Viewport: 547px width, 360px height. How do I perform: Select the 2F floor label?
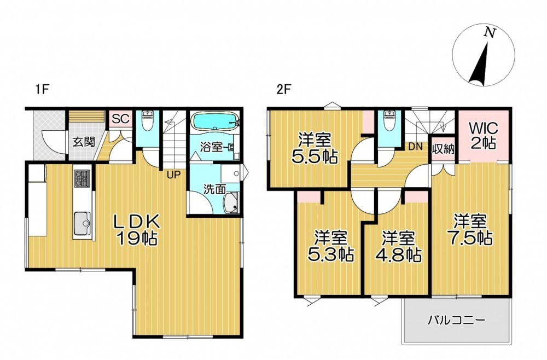pos(283,90)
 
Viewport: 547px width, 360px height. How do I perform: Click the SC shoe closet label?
pos(121,119)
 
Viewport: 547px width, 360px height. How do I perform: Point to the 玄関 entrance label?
pos(84,142)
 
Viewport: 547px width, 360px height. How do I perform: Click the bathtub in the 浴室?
pos(214,121)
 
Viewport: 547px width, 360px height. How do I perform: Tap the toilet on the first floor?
pos(148,121)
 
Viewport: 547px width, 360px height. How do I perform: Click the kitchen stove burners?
pos(82,178)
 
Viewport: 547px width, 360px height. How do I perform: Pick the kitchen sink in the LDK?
pos(82,223)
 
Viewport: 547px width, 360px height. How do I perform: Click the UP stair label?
pos(174,175)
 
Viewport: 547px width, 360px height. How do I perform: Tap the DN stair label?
pos(415,147)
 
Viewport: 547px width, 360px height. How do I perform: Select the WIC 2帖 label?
pos(483,136)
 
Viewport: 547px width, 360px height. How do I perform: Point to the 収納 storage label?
pos(444,149)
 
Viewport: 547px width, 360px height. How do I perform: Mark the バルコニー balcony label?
pos(456,320)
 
